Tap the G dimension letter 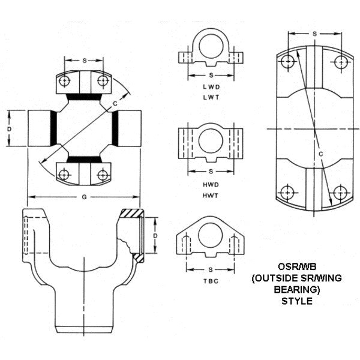(83, 196)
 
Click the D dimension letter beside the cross (10, 129)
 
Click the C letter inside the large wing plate (321, 154)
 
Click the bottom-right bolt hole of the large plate (341, 193)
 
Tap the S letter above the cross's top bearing (83, 61)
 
